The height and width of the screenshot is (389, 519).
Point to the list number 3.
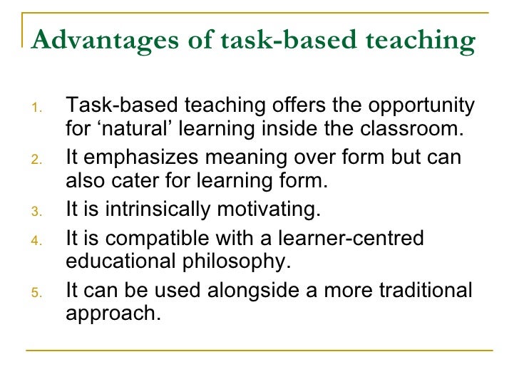(x=38, y=212)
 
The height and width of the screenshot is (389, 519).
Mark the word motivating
(x=274, y=209)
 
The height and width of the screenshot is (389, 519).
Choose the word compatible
(x=158, y=238)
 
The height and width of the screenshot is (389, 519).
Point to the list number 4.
(x=38, y=240)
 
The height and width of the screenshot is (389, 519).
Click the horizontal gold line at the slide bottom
(x=259, y=350)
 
